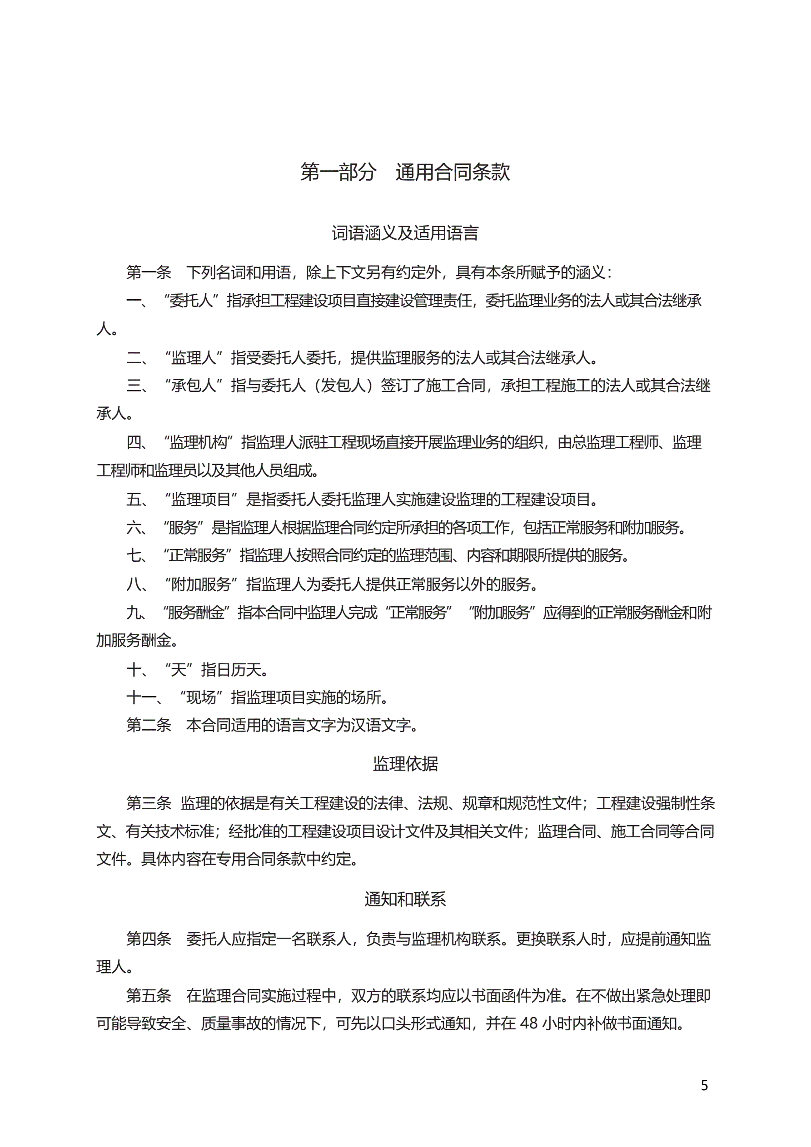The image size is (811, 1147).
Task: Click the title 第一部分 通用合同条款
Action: click(405, 172)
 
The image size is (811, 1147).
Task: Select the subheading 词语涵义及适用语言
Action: click(405, 233)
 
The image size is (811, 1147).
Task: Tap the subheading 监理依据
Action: click(405, 764)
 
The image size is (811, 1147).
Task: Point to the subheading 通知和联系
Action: click(405, 899)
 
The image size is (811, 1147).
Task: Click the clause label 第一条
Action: click(149, 272)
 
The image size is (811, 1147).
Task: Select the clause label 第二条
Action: click(149, 725)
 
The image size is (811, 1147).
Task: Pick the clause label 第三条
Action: click(149, 803)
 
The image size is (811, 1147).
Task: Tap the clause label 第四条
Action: click(149, 939)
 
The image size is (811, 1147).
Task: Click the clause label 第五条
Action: click(149, 996)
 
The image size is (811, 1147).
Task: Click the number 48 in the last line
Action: click(529, 1023)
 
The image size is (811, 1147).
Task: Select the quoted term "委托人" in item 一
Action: click(192, 301)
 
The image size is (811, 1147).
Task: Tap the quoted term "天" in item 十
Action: click(179, 669)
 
